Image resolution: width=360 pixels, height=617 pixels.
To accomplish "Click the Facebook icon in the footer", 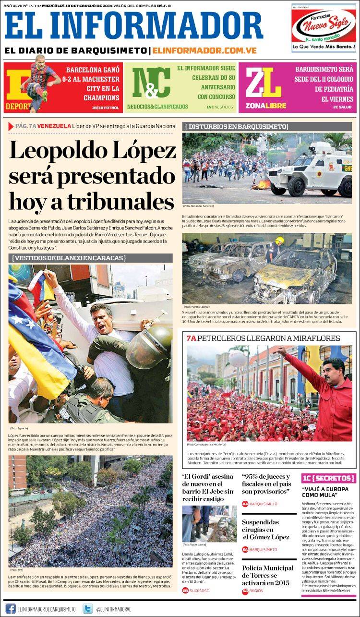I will [x=10, y=608].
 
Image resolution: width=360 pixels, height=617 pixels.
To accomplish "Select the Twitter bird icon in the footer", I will [x=87, y=608].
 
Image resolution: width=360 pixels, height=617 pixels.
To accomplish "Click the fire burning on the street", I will [x=263, y=183].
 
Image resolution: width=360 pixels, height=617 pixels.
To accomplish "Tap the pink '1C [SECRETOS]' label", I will [x=328, y=478].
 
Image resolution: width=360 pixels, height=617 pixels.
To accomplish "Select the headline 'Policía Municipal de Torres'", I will [x=267, y=575].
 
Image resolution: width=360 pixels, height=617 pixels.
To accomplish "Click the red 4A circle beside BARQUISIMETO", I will [x=245, y=504].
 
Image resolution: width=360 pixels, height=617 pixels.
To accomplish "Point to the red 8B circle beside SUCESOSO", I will [x=186, y=590].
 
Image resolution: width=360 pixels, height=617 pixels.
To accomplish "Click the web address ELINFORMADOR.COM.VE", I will [x=204, y=50].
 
